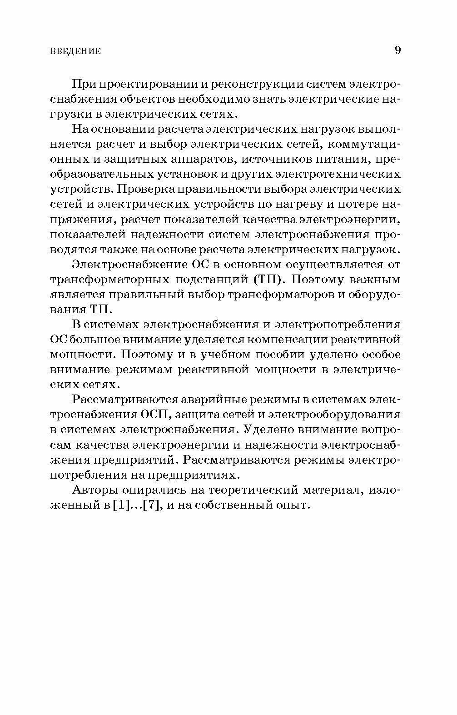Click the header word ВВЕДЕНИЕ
coord(75,51)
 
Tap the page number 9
coord(397,50)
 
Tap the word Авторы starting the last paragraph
coord(96,490)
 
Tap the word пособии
coord(278,355)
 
